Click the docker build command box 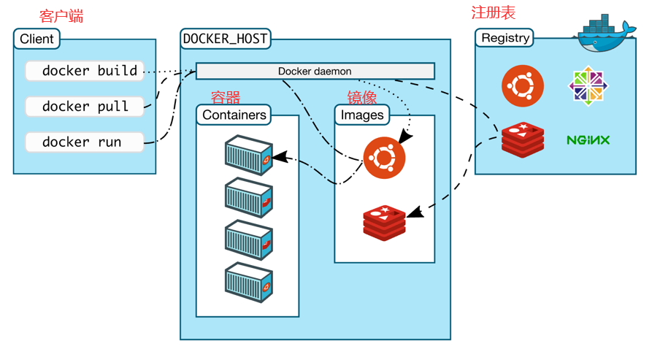pos(85,71)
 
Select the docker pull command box pos(85,107)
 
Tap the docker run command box pos(85,142)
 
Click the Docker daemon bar pos(315,71)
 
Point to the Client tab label pos(37,39)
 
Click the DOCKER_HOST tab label pos(226,39)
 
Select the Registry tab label pos(505,38)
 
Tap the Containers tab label pos(234,115)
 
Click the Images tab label pos(362,115)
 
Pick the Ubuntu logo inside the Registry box pos(523,86)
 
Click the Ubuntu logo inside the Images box pos(384,158)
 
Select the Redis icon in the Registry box pos(523,139)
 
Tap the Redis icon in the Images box pos(384,223)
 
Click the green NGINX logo pos(588,140)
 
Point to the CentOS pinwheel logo pos(588,86)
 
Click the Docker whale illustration pos(605,34)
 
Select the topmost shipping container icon pos(249,155)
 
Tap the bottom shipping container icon pos(249,283)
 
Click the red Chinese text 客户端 pos(61,16)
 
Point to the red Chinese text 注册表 pos(493,12)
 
